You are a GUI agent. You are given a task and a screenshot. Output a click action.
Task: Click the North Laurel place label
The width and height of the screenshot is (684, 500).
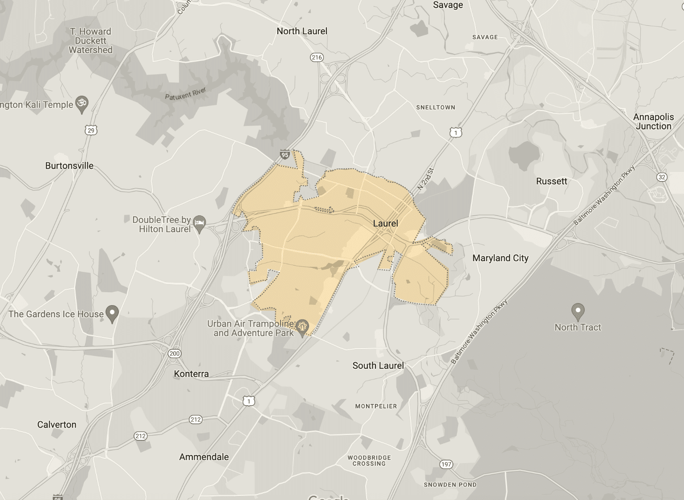[x=302, y=31]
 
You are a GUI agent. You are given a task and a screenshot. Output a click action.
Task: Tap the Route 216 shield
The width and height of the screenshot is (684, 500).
[x=317, y=57]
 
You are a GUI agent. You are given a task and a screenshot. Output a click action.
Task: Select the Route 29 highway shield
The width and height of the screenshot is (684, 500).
[x=91, y=130]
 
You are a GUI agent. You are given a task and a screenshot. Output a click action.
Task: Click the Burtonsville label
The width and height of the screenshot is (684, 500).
[x=69, y=166]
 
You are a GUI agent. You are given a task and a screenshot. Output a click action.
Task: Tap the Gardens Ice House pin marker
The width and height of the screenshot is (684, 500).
[x=112, y=313]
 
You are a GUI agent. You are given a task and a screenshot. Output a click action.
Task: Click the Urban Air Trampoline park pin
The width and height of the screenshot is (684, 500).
[x=303, y=327]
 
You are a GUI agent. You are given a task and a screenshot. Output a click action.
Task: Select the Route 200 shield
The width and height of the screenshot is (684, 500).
[x=175, y=354]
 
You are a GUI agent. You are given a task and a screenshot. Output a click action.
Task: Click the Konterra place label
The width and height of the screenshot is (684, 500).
[x=191, y=374]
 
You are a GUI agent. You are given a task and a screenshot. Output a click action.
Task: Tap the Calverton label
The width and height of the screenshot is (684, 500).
[x=57, y=424]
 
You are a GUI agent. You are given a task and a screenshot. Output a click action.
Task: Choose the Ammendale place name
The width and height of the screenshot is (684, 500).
[x=204, y=457]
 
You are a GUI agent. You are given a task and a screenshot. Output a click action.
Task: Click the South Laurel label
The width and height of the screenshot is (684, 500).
[x=378, y=366]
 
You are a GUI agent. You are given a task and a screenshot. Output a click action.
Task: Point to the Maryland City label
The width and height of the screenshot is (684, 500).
[x=500, y=258]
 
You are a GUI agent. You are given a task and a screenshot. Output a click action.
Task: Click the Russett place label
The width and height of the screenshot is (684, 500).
[x=552, y=181]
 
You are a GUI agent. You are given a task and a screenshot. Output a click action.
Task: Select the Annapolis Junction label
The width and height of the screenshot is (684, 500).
[x=653, y=121]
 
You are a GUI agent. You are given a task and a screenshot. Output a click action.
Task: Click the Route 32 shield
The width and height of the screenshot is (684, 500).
[x=662, y=177]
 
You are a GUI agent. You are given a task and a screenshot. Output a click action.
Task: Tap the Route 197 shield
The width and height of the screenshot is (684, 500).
[x=446, y=464]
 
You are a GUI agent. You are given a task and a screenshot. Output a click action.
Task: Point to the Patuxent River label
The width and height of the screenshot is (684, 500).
[x=185, y=94]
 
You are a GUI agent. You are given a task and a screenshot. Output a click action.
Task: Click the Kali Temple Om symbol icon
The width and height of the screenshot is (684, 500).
[x=81, y=103]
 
